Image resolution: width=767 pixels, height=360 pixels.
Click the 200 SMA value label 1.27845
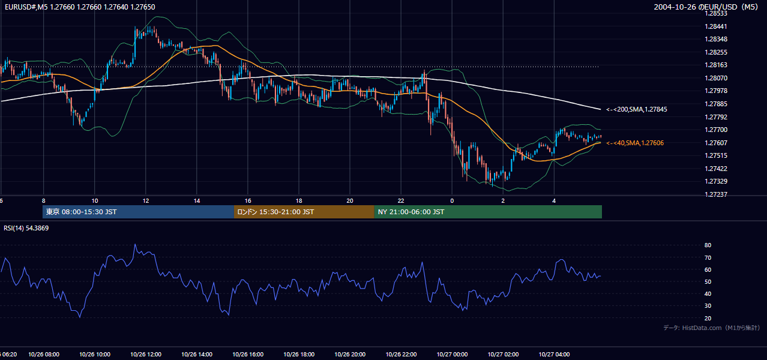(x=637, y=110)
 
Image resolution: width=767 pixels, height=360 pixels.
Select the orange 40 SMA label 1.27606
(x=635, y=143)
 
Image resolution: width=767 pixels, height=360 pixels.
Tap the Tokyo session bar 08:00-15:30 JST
(x=138, y=212)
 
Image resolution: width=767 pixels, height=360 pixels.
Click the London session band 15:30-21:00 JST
(x=304, y=212)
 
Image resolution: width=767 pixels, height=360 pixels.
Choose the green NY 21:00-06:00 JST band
(x=488, y=212)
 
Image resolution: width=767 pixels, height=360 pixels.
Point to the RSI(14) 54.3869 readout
(x=26, y=228)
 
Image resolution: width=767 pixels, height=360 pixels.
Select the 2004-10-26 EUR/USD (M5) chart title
(x=706, y=7)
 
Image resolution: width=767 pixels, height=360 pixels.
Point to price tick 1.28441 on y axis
(x=715, y=26)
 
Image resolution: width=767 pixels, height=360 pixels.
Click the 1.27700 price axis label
(x=715, y=130)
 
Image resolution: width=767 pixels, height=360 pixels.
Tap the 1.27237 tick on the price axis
(x=715, y=194)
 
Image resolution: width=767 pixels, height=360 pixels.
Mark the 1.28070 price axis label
(x=715, y=78)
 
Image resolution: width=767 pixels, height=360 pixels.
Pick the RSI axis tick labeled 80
(x=708, y=245)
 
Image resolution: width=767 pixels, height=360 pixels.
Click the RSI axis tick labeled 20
(x=708, y=318)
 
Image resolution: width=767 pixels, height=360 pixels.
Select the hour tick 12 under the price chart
(x=146, y=201)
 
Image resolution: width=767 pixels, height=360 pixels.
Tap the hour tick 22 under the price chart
(x=401, y=201)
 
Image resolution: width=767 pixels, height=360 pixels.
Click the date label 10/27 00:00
(x=452, y=355)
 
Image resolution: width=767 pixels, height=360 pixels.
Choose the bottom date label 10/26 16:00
(x=248, y=355)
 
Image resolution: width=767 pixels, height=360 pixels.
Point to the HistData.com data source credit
(x=712, y=328)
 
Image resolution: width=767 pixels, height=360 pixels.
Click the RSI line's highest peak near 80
(x=135, y=244)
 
